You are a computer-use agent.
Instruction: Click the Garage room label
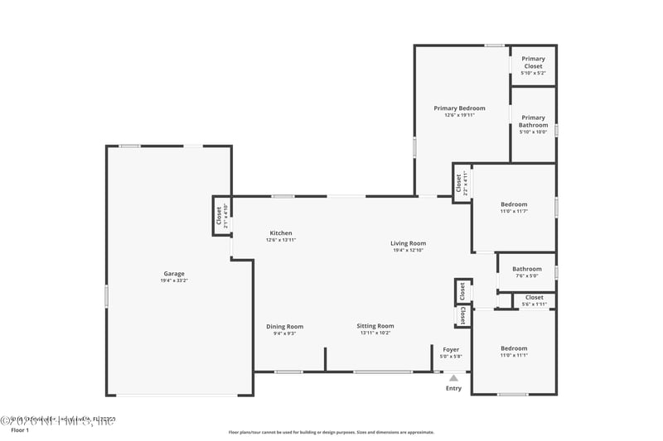(174, 274)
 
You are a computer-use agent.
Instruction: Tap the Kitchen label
(279, 233)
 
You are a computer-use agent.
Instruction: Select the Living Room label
(409, 243)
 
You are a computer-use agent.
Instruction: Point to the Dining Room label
(284, 327)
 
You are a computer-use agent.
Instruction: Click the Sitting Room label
(375, 327)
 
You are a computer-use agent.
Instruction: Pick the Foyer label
(451, 350)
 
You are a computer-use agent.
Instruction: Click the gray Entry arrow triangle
(453, 378)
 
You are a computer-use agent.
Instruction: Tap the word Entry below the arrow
(453, 388)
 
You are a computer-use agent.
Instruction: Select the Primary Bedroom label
(459, 108)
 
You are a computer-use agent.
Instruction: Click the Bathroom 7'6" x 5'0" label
(526, 269)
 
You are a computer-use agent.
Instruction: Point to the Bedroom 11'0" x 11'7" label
(513, 204)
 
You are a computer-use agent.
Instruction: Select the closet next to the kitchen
(221, 215)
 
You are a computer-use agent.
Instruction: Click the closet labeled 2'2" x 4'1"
(461, 182)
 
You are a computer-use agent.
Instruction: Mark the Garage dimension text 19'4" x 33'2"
(174, 280)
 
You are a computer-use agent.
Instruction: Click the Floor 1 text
(19, 431)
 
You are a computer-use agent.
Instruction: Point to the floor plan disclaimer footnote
(331, 432)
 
